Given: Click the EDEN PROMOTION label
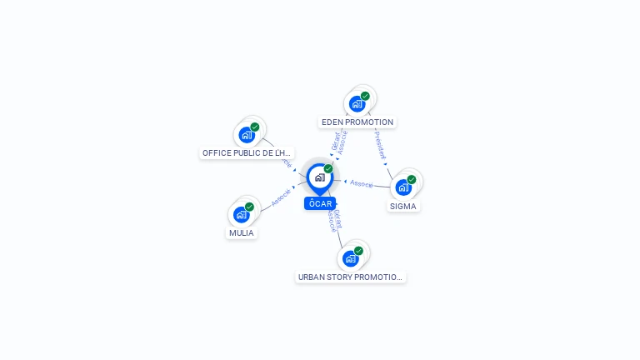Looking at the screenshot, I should tap(357, 122).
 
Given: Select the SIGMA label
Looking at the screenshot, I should tap(403, 206).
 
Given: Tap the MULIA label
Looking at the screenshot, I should tap(241, 233).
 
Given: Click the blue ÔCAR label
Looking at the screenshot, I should tap(320, 203).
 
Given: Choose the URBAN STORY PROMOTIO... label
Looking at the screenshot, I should tap(351, 277).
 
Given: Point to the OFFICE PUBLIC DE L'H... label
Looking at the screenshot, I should tap(247, 153).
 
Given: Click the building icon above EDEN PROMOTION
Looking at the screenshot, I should tap(357, 103).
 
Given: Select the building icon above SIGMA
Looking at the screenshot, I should tap(403, 187).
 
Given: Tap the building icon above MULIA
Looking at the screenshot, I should tap(242, 214).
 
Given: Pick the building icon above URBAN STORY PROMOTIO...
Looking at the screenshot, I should tap(351, 258).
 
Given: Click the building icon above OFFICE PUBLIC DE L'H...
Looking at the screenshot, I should tap(247, 135).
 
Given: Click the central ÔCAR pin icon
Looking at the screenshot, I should tap(320, 177).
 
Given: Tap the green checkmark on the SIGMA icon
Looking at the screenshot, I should tap(412, 179).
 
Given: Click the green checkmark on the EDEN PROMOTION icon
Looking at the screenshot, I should tap(365, 96).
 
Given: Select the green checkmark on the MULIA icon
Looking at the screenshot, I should tap(249, 207).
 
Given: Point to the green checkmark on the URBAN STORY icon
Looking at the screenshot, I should tap(358, 251).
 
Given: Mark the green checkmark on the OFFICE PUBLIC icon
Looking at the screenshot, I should tap(255, 127).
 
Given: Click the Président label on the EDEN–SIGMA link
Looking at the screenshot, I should tap(380, 144).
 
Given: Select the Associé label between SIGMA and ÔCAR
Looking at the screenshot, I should tap(362, 183).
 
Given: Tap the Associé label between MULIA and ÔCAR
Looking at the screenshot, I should tap(281, 197).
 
